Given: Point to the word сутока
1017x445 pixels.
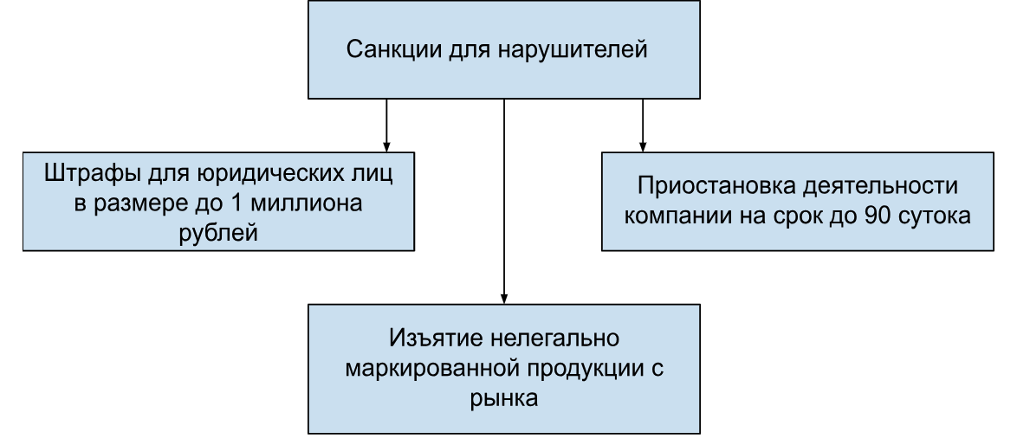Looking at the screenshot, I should pyautogui.click(x=937, y=216).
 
